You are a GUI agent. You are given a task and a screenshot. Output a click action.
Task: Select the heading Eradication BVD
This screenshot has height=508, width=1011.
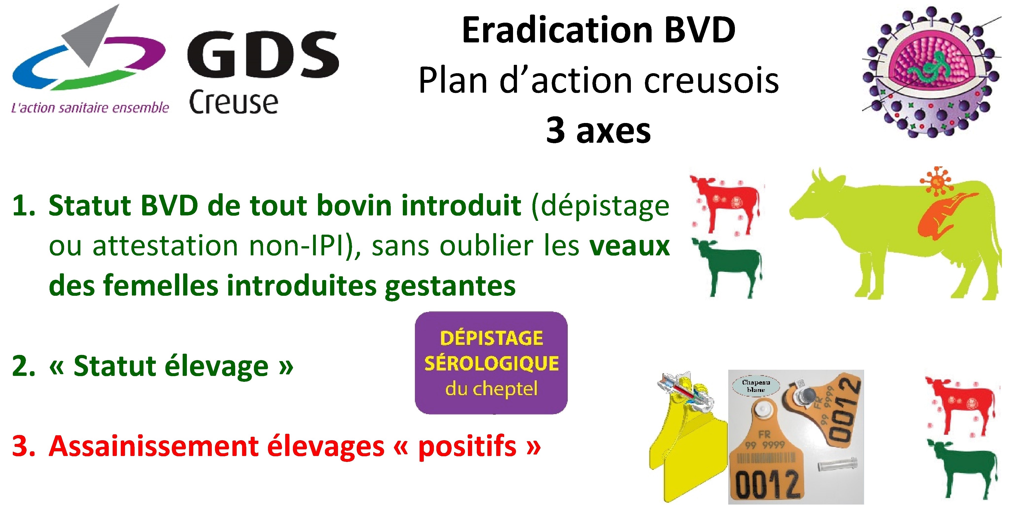tap(599, 30)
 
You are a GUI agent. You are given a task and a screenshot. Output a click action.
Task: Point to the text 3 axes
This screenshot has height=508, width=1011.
tap(599, 130)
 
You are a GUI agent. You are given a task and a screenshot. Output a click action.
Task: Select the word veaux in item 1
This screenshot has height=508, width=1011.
tap(630, 246)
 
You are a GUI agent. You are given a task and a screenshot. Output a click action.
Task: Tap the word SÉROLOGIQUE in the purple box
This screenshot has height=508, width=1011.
tap(491, 363)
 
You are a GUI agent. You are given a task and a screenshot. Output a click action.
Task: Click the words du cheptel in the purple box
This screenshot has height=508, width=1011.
tap(491, 389)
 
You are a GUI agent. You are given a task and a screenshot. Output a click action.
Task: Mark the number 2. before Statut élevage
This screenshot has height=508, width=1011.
tap(24, 366)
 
